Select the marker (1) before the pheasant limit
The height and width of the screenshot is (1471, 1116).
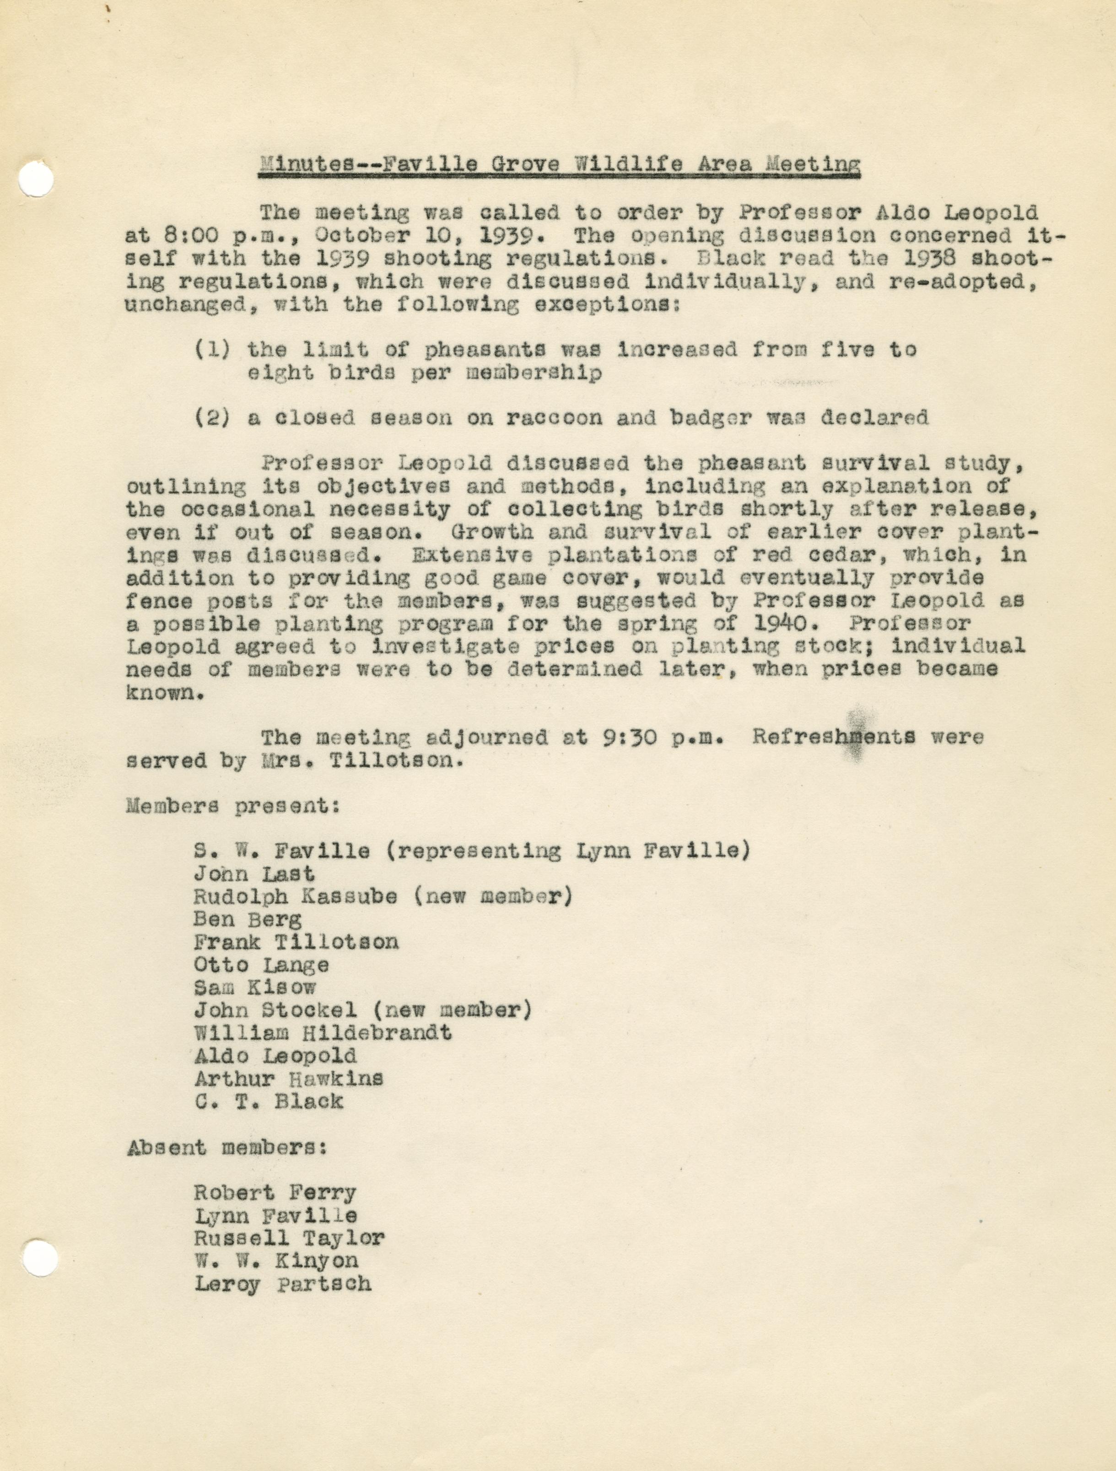coord(213,350)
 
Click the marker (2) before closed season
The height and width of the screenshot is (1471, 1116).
coord(213,418)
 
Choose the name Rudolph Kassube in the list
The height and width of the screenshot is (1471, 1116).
coord(296,896)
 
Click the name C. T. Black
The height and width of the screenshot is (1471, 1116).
coord(269,1101)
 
